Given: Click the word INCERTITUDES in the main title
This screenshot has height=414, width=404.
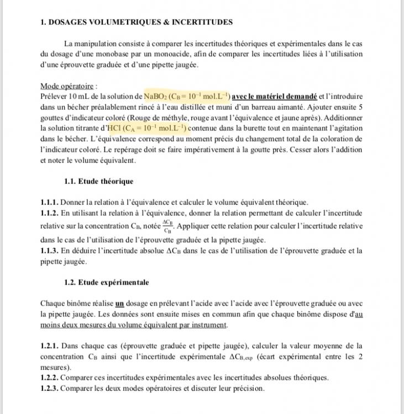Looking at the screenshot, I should tap(202, 22).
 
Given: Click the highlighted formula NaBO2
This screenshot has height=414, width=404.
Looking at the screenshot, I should tap(156, 97).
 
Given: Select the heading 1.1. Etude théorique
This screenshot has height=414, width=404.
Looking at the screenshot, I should tap(98, 181).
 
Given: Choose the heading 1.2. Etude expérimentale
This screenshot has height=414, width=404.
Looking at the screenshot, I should tap(106, 282).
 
